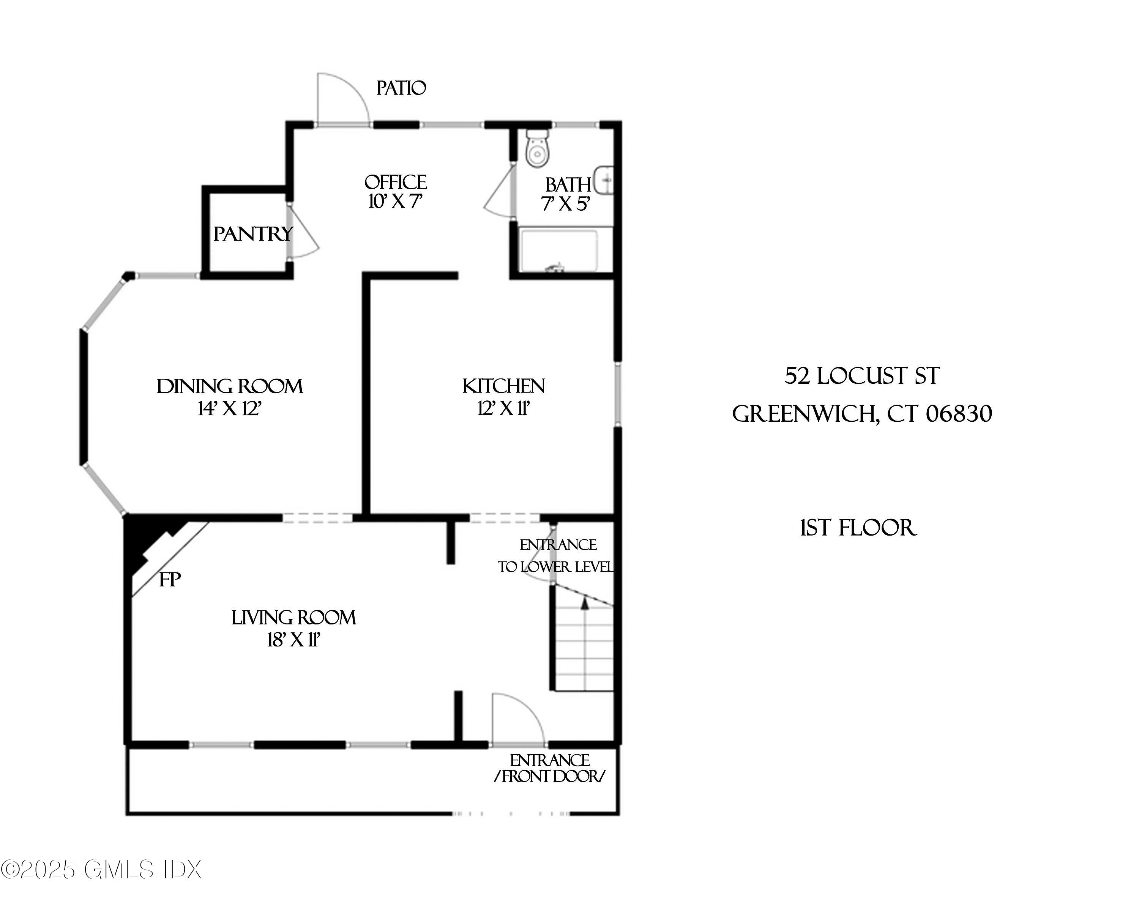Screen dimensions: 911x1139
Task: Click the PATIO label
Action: click(x=401, y=88)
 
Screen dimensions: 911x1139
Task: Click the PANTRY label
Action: click(x=252, y=233)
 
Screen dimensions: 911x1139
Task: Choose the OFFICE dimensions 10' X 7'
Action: click(x=395, y=202)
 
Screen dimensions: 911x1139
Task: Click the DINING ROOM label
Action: click(x=230, y=386)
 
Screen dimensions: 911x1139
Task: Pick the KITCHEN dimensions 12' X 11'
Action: click(x=503, y=408)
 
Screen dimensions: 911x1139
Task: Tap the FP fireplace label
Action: click(x=170, y=580)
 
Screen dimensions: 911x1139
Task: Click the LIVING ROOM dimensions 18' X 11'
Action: click(x=294, y=640)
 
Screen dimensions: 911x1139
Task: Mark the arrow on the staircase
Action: click(x=585, y=604)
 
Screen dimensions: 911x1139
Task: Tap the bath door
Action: click(x=499, y=193)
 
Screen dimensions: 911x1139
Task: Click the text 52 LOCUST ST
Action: click(x=861, y=377)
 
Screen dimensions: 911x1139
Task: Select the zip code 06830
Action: click(x=959, y=413)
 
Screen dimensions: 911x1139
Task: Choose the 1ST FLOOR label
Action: click(x=858, y=528)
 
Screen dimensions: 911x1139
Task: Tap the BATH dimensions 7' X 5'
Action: click(x=565, y=204)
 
